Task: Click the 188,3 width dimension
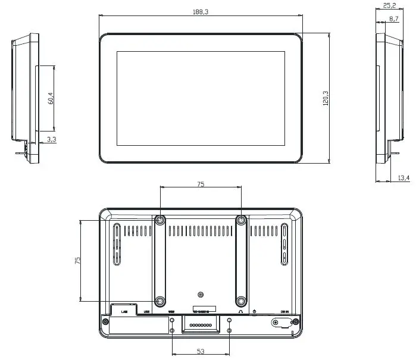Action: click(x=201, y=12)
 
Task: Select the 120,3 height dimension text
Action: click(x=324, y=98)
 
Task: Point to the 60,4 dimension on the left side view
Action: click(x=51, y=98)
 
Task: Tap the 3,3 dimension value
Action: click(x=51, y=140)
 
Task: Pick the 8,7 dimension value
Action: click(x=393, y=19)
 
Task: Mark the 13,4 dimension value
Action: click(x=404, y=177)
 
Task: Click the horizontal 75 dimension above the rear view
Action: click(x=201, y=185)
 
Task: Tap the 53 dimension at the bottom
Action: click(x=201, y=351)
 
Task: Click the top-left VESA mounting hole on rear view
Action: click(x=160, y=220)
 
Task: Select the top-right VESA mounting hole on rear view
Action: click(x=241, y=220)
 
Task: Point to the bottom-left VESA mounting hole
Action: click(x=160, y=301)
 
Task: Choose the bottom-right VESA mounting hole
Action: click(x=241, y=301)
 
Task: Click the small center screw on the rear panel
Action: click(x=201, y=295)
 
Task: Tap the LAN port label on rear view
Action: click(x=124, y=311)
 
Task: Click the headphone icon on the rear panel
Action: click(x=239, y=311)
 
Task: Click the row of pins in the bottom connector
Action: click(x=200, y=325)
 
